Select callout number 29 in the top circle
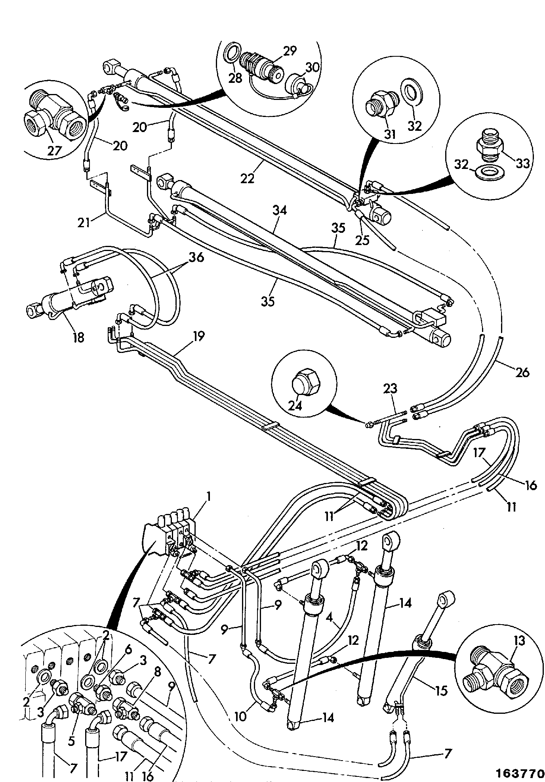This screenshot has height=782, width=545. click(x=290, y=51)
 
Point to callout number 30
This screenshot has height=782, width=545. click(x=312, y=67)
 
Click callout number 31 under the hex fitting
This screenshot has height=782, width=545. click(x=390, y=134)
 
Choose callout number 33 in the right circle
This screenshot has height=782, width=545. click(x=522, y=163)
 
